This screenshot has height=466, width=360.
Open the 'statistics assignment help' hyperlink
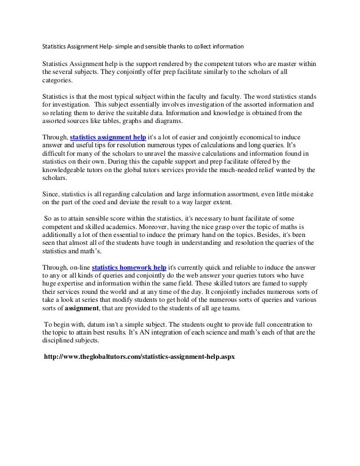107,137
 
